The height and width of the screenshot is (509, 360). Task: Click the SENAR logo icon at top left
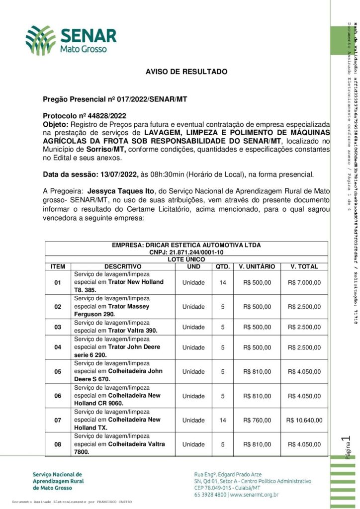[41, 40]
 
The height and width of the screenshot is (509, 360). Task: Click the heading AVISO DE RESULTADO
[186, 72]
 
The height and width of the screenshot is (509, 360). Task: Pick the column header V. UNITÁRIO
[257, 266]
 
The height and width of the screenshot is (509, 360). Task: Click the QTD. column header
[223, 266]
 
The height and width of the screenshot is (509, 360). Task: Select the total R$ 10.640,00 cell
[304, 420]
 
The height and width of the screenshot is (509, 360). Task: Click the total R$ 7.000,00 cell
[304, 282]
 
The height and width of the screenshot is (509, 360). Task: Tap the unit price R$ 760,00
[257, 420]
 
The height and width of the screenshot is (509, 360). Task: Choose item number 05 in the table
[58, 371]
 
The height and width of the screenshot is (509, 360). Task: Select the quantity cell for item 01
[223, 282]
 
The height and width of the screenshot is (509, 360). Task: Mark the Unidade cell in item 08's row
[193, 444]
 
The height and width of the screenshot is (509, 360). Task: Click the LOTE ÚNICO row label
[186, 259]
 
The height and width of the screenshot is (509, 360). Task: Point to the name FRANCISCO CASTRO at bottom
[114, 502]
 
